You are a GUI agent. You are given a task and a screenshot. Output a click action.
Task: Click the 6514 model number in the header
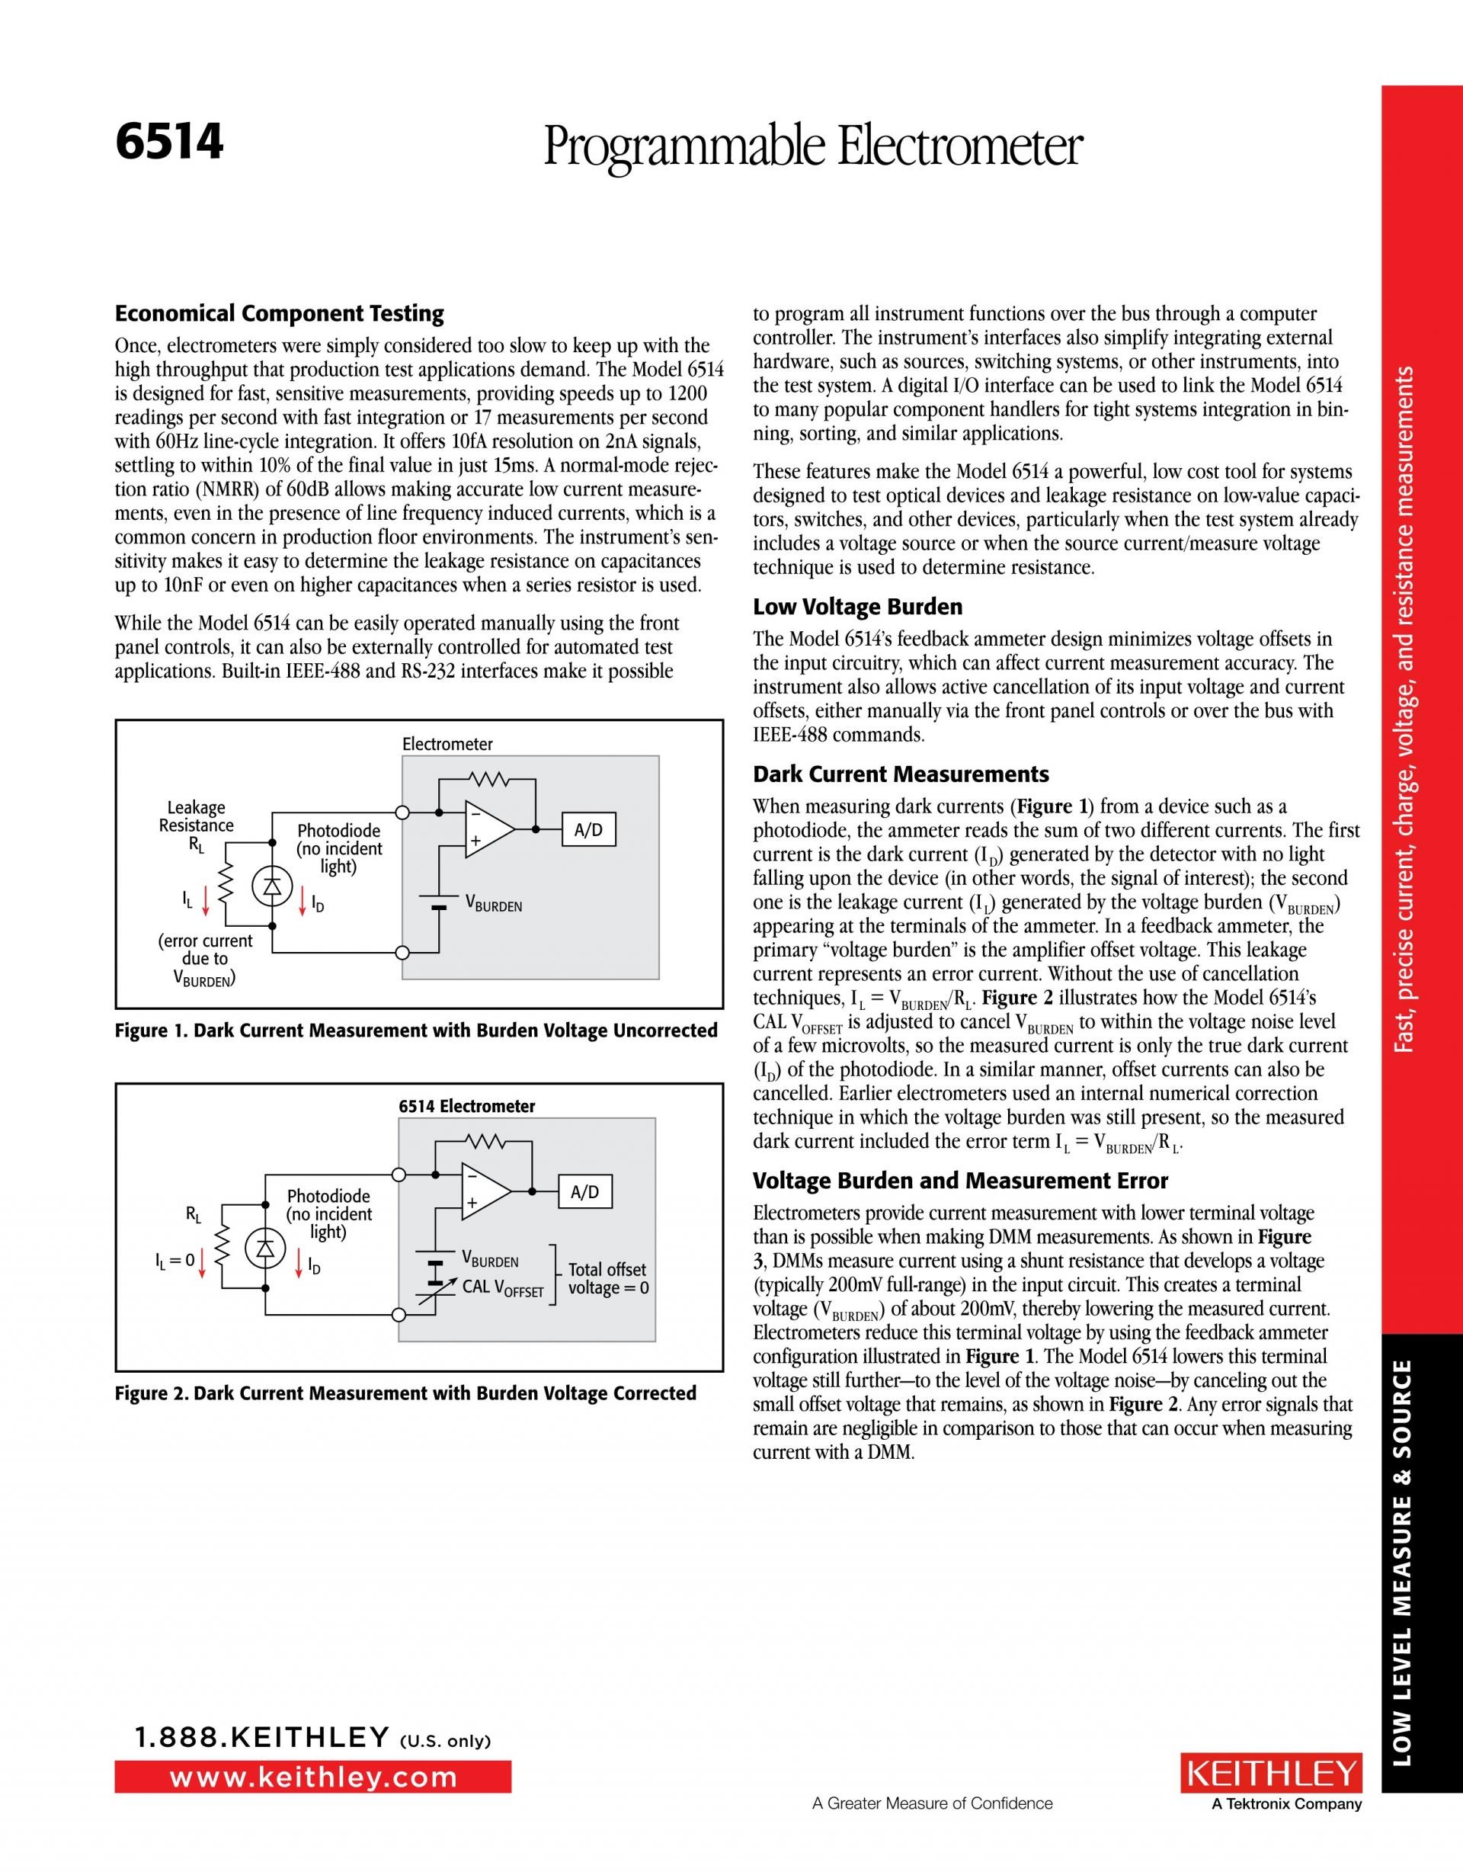(x=170, y=143)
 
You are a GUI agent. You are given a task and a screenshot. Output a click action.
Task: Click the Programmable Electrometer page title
(x=812, y=147)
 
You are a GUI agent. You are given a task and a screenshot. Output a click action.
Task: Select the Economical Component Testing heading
(x=280, y=314)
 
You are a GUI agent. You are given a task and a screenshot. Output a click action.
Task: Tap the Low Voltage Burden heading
(x=857, y=607)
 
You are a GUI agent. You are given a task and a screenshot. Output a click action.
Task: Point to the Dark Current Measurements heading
(x=900, y=774)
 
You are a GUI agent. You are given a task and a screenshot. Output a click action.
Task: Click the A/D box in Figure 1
(x=588, y=830)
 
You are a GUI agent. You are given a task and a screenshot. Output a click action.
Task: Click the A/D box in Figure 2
(x=584, y=1191)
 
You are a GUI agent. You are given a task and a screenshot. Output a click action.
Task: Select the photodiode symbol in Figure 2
(x=265, y=1250)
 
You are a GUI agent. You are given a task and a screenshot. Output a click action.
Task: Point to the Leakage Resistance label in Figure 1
(x=197, y=817)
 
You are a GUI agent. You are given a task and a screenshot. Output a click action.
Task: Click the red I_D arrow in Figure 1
(x=303, y=899)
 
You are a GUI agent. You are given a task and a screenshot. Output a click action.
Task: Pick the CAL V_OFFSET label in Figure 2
(x=502, y=1287)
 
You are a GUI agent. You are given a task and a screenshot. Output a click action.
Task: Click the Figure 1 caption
(x=416, y=1031)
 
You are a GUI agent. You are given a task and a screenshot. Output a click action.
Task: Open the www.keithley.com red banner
(x=313, y=1777)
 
